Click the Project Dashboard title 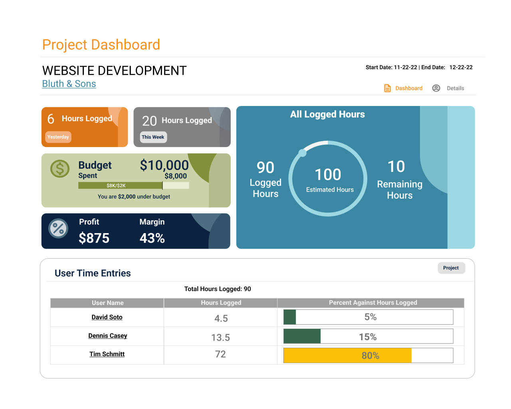(x=101, y=45)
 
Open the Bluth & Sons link (x=69, y=84)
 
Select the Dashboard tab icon (x=387, y=88)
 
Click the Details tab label (x=455, y=88)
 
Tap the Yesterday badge (x=58, y=137)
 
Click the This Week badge (x=153, y=137)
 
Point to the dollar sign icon (x=60, y=169)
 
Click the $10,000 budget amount (x=164, y=165)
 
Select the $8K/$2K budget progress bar (x=133, y=186)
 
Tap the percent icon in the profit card (x=58, y=229)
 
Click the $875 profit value (x=94, y=238)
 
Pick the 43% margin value (x=152, y=238)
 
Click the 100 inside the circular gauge (x=328, y=175)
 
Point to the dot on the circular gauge (x=303, y=153)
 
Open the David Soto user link (x=107, y=317)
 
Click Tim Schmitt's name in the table (x=107, y=354)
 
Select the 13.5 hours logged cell (x=220, y=338)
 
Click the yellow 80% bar (x=347, y=355)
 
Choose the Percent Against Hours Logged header (x=373, y=303)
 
